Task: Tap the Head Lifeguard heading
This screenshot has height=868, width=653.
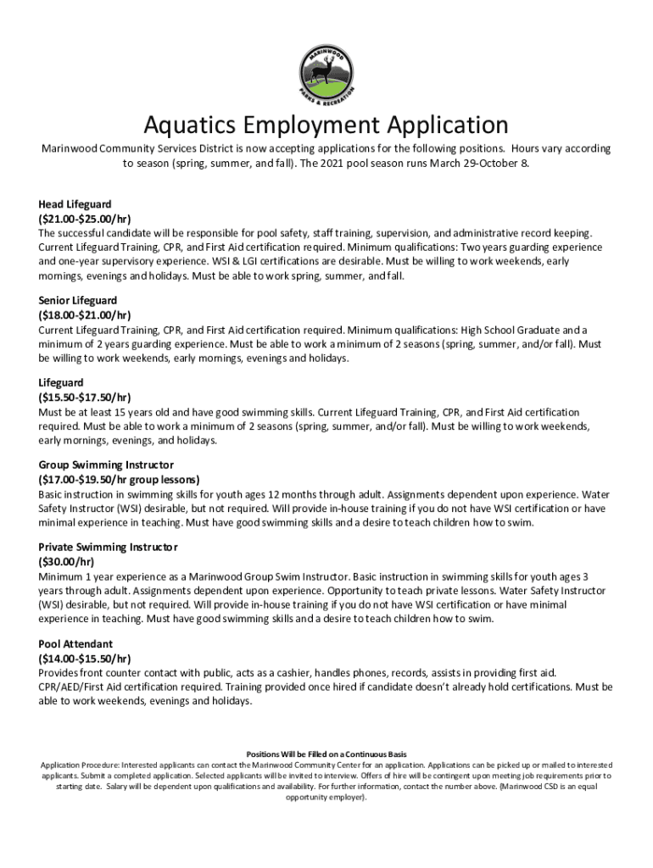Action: (75, 204)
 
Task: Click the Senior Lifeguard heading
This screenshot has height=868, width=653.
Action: (77, 300)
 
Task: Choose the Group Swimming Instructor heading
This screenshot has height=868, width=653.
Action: (106, 465)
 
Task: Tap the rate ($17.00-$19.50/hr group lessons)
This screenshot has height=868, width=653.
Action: (119, 479)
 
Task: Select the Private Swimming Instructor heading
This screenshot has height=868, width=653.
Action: (109, 547)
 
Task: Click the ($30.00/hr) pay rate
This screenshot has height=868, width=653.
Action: (66, 561)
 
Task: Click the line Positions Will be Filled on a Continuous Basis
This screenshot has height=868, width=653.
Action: (326, 754)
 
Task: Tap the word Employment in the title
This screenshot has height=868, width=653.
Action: (307, 125)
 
